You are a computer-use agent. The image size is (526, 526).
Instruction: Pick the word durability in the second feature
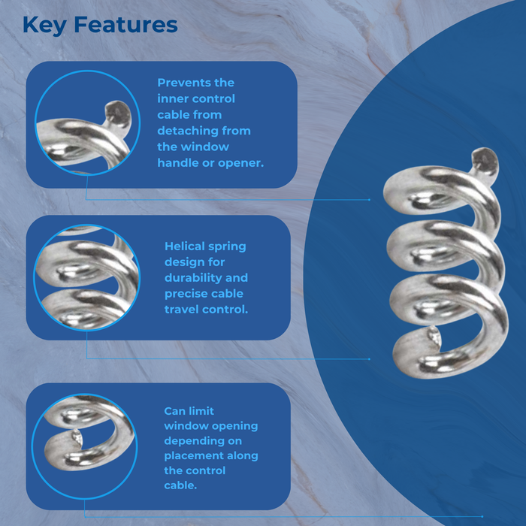click(x=195, y=278)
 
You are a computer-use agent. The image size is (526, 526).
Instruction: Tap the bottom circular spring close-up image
click(x=87, y=442)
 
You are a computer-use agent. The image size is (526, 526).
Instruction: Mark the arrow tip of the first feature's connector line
click(x=370, y=200)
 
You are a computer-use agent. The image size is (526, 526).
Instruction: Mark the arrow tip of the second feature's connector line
click(x=370, y=358)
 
